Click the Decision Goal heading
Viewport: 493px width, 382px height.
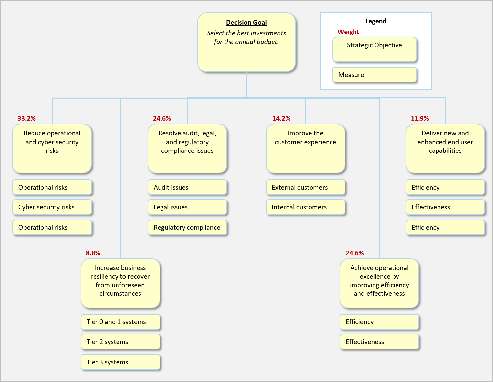[246, 22]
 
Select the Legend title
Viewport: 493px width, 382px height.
[376, 21]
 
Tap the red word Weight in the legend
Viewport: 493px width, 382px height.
[348, 32]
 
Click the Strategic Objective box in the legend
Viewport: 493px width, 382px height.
[375, 50]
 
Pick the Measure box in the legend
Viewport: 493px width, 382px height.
[375, 75]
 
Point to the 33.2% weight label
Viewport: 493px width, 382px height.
[27, 118]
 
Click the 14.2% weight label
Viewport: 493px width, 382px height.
[281, 118]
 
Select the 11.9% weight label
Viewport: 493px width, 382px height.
[420, 118]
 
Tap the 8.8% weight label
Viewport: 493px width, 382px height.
[93, 253]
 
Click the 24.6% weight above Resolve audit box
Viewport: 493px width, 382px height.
[162, 118]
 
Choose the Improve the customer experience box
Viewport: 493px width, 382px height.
[306, 149]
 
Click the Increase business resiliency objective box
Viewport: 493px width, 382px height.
[120, 283]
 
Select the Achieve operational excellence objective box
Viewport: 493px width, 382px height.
[379, 283]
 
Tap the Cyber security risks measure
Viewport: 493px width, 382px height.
[52, 207]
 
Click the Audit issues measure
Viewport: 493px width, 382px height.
[187, 187]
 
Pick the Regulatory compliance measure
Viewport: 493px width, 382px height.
[187, 227]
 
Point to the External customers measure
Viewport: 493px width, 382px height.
[306, 187]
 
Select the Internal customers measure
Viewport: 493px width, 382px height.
[306, 207]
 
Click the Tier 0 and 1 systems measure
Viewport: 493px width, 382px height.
[120, 322]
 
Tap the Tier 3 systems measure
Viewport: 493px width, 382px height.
[120, 362]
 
